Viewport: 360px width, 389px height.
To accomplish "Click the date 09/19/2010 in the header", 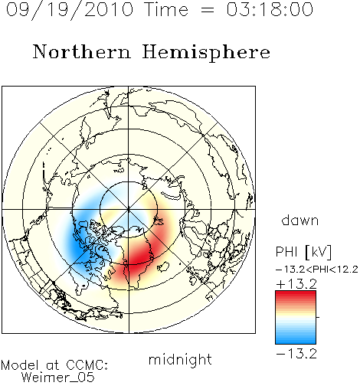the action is coord(70,10).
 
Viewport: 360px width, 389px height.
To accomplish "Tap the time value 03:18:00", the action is coord(270,9).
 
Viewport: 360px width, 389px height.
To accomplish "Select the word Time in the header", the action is coord(166,9).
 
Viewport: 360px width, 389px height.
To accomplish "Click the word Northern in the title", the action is coord(82,51).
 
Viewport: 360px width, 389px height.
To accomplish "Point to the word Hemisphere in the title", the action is coord(206,53).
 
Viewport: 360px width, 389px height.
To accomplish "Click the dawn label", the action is coord(299,220).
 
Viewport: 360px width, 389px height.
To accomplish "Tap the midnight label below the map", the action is coord(180,360).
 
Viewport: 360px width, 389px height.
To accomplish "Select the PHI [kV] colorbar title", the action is coord(303,252).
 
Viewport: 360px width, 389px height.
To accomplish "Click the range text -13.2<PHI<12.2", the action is coord(317,270).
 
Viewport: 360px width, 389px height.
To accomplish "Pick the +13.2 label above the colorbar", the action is coord(296,284).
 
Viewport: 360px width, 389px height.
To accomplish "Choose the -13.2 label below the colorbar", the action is coord(296,354).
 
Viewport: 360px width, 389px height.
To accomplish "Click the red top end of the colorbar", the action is coord(296,293).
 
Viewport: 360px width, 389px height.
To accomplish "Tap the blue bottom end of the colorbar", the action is coord(296,342).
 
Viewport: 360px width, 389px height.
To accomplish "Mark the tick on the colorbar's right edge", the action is coord(318,317).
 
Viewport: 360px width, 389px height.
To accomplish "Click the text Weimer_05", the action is coord(58,378).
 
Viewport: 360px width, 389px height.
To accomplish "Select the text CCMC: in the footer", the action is coord(87,365).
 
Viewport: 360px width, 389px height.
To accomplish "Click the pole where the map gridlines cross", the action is coord(129,210).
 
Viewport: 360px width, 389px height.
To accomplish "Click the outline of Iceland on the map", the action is coord(163,266).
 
